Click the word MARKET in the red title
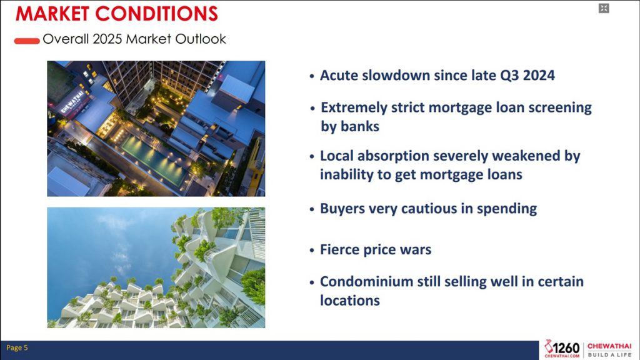(x=52, y=14)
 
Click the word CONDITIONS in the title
(x=157, y=14)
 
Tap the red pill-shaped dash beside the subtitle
(x=27, y=41)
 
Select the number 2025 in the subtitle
(x=107, y=39)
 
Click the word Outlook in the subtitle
(x=200, y=39)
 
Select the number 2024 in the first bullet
(x=539, y=76)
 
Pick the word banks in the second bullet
(x=359, y=126)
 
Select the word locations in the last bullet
(x=350, y=301)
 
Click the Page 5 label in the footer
(x=17, y=347)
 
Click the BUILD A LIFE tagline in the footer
(x=609, y=355)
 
